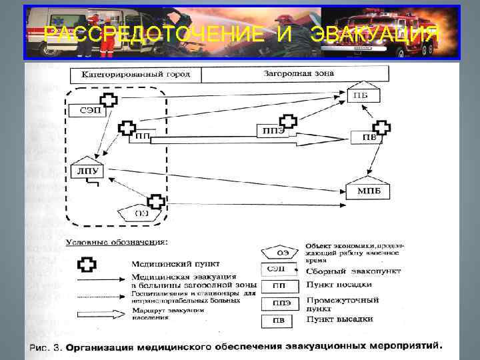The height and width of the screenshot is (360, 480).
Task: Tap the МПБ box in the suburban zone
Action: point(368,191)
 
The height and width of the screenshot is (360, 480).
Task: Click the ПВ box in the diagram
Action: point(368,137)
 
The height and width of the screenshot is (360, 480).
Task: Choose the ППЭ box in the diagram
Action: point(270,131)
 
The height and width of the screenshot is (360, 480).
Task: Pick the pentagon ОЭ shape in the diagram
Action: point(139,213)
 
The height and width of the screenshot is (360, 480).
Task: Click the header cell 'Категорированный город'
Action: point(135,74)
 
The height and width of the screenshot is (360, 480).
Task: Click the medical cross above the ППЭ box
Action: point(287,122)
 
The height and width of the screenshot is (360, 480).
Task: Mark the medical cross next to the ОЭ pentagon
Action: point(156,201)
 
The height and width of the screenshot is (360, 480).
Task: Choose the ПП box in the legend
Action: point(276,287)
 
